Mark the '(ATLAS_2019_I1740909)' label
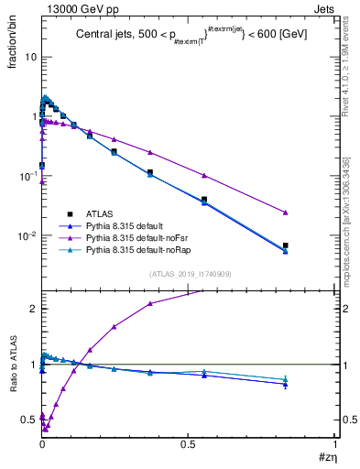189,274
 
